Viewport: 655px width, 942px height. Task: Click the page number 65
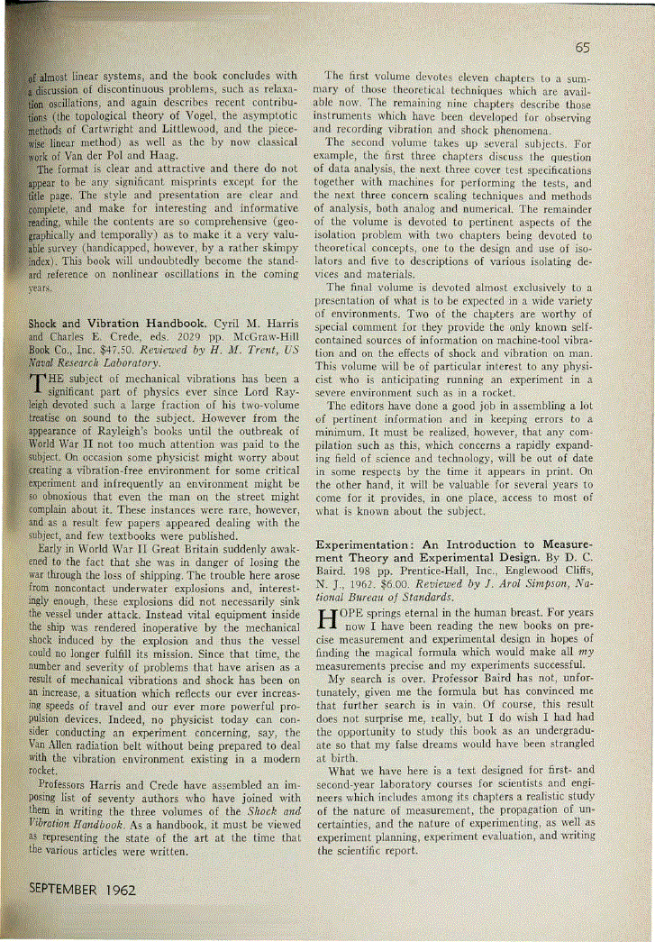tap(582, 48)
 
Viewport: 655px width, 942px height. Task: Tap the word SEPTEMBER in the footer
tap(65, 888)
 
